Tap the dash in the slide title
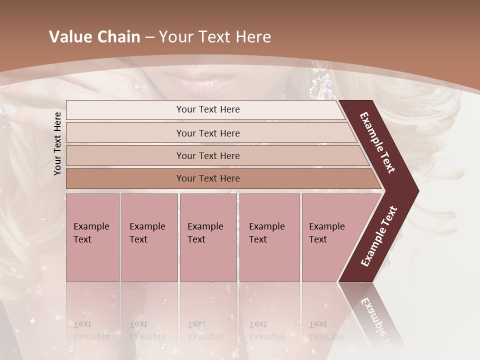pos(149,37)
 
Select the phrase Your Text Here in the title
pos(215,37)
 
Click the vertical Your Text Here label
pos(57,143)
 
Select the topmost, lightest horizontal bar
pos(207,109)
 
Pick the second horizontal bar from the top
pos(207,133)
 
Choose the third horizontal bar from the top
pos(207,155)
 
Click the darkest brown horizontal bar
pos(207,178)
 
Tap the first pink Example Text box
pos(92,237)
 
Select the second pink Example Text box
pos(149,237)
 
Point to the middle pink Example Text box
pos(208,237)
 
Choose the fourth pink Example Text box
pos(269,237)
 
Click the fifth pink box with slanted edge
pos(330,237)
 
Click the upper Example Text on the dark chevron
pos(377,143)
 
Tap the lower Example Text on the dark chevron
pos(379,236)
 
